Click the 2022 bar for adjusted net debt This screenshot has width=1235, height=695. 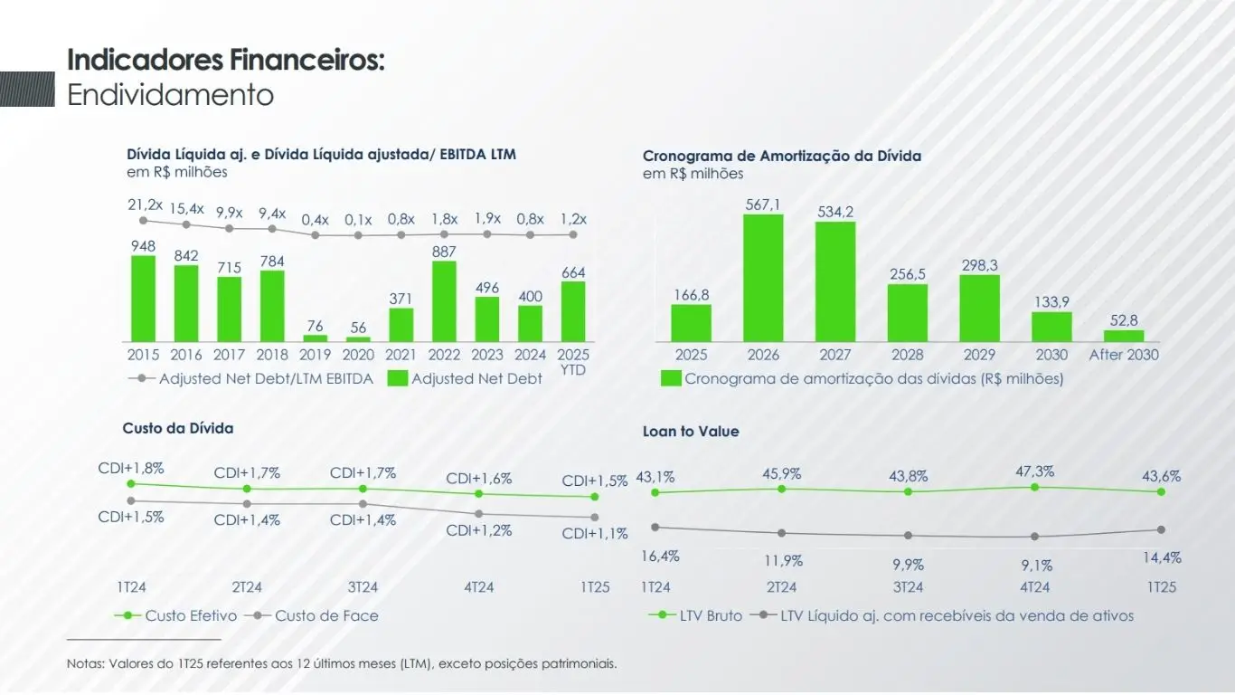(444, 301)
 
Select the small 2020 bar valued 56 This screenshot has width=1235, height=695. (358, 339)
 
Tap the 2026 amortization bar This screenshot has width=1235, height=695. (763, 278)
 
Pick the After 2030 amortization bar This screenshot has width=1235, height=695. (1124, 336)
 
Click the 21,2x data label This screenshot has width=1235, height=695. (146, 205)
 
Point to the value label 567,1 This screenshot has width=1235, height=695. (763, 205)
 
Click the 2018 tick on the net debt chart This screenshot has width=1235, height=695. (272, 355)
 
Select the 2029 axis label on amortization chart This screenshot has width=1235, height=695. (979, 355)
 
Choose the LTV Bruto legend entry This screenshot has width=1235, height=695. (710, 615)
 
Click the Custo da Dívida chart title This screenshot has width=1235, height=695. (178, 428)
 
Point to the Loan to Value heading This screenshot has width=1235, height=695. (691, 432)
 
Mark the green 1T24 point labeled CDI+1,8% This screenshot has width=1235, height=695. (131, 484)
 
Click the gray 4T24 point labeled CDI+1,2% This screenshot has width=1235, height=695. (478, 514)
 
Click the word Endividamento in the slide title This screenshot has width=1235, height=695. (171, 95)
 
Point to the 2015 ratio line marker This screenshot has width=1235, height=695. (143, 221)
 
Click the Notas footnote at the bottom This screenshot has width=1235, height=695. (342, 663)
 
